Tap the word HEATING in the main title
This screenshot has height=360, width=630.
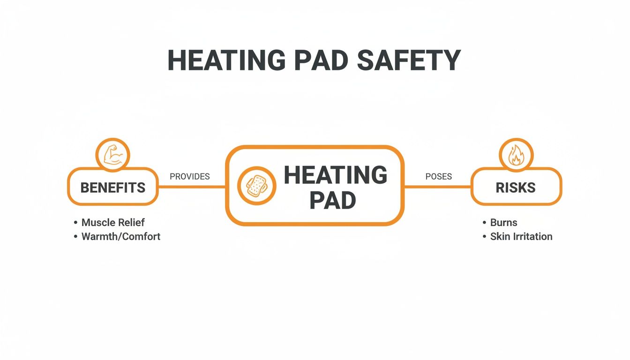tap(226, 60)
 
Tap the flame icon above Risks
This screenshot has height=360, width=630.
tap(516, 155)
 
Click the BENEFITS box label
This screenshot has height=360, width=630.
tap(113, 187)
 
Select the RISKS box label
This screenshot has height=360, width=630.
tap(516, 187)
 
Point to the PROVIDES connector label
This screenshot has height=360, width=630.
tap(189, 177)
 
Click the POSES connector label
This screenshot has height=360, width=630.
tap(438, 177)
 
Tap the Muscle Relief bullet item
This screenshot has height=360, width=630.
tap(113, 222)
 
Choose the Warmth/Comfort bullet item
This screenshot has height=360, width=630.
tap(120, 236)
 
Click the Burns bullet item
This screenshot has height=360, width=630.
tap(503, 222)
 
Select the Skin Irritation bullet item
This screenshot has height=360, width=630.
tap(521, 236)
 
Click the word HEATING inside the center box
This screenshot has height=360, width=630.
tap(336, 175)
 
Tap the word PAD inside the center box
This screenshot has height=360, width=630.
tap(333, 201)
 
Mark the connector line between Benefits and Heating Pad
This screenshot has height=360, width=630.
tap(192, 187)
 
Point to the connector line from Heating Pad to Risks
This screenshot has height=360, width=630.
tap(437, 187)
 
